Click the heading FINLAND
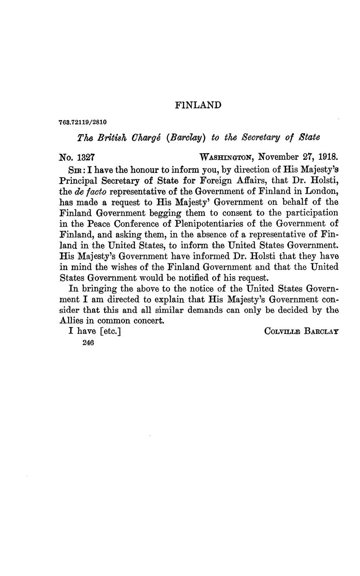point(198,105)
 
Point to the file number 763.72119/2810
point(83,122)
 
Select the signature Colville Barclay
point(301,332)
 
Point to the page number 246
point(88,343)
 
